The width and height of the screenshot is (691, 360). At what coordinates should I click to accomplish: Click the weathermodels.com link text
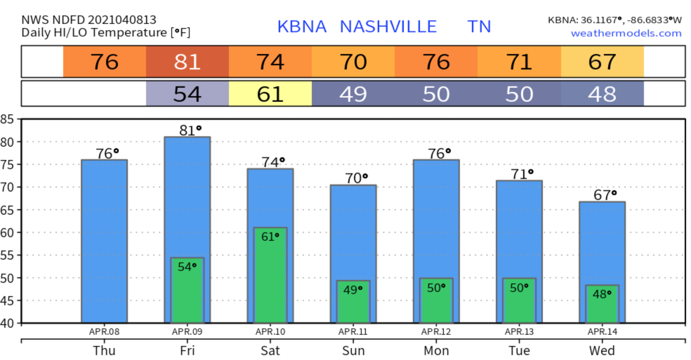[x=626, y=33]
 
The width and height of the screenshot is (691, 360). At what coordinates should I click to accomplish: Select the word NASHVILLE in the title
[x=388, y=27]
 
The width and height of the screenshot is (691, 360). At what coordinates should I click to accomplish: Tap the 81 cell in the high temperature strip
[x=187, y=62]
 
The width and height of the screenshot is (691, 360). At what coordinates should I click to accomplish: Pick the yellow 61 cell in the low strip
[x=270, y=94]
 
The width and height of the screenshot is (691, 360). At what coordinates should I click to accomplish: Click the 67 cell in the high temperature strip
[x=602, y=62]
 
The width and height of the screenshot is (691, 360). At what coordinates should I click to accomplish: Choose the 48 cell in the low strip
[x=602, y=94]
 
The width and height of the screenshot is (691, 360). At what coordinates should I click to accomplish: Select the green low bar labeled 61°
[x=270, y=277]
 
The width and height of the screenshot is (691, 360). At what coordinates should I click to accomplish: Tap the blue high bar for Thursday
[x=104, y=242]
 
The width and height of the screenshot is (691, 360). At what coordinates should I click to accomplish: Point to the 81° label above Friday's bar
[x=190, y=131]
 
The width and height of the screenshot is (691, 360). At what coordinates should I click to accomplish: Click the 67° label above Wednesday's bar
[x=605, y=195]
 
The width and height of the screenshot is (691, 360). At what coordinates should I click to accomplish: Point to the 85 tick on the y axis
[x=7, y=119]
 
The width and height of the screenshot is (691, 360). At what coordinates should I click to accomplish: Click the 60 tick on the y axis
[x=7, y=233]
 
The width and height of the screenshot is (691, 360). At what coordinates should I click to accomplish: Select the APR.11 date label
[x=353, y=332]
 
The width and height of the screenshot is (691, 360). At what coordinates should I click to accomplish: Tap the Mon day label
[x=436, y=351]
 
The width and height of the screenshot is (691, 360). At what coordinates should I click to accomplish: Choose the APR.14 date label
[x=602, y=332]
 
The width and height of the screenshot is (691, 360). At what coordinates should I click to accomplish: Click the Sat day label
[x=270, y=351]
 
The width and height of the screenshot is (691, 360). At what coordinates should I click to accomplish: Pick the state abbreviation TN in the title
[x=479, y=27]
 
